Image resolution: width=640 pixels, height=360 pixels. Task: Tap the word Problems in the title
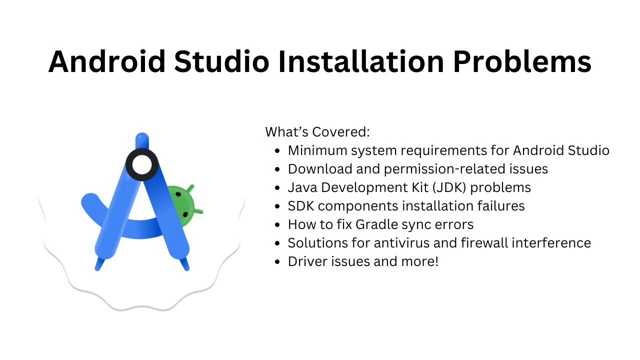pos(522,61)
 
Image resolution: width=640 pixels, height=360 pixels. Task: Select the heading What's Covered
pos(317,132)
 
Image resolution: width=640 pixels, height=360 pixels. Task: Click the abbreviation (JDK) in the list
pos(445,187)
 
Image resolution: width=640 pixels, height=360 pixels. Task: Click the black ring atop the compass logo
pos(142,164)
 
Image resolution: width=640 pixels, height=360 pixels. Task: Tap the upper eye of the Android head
pos(178,194)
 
